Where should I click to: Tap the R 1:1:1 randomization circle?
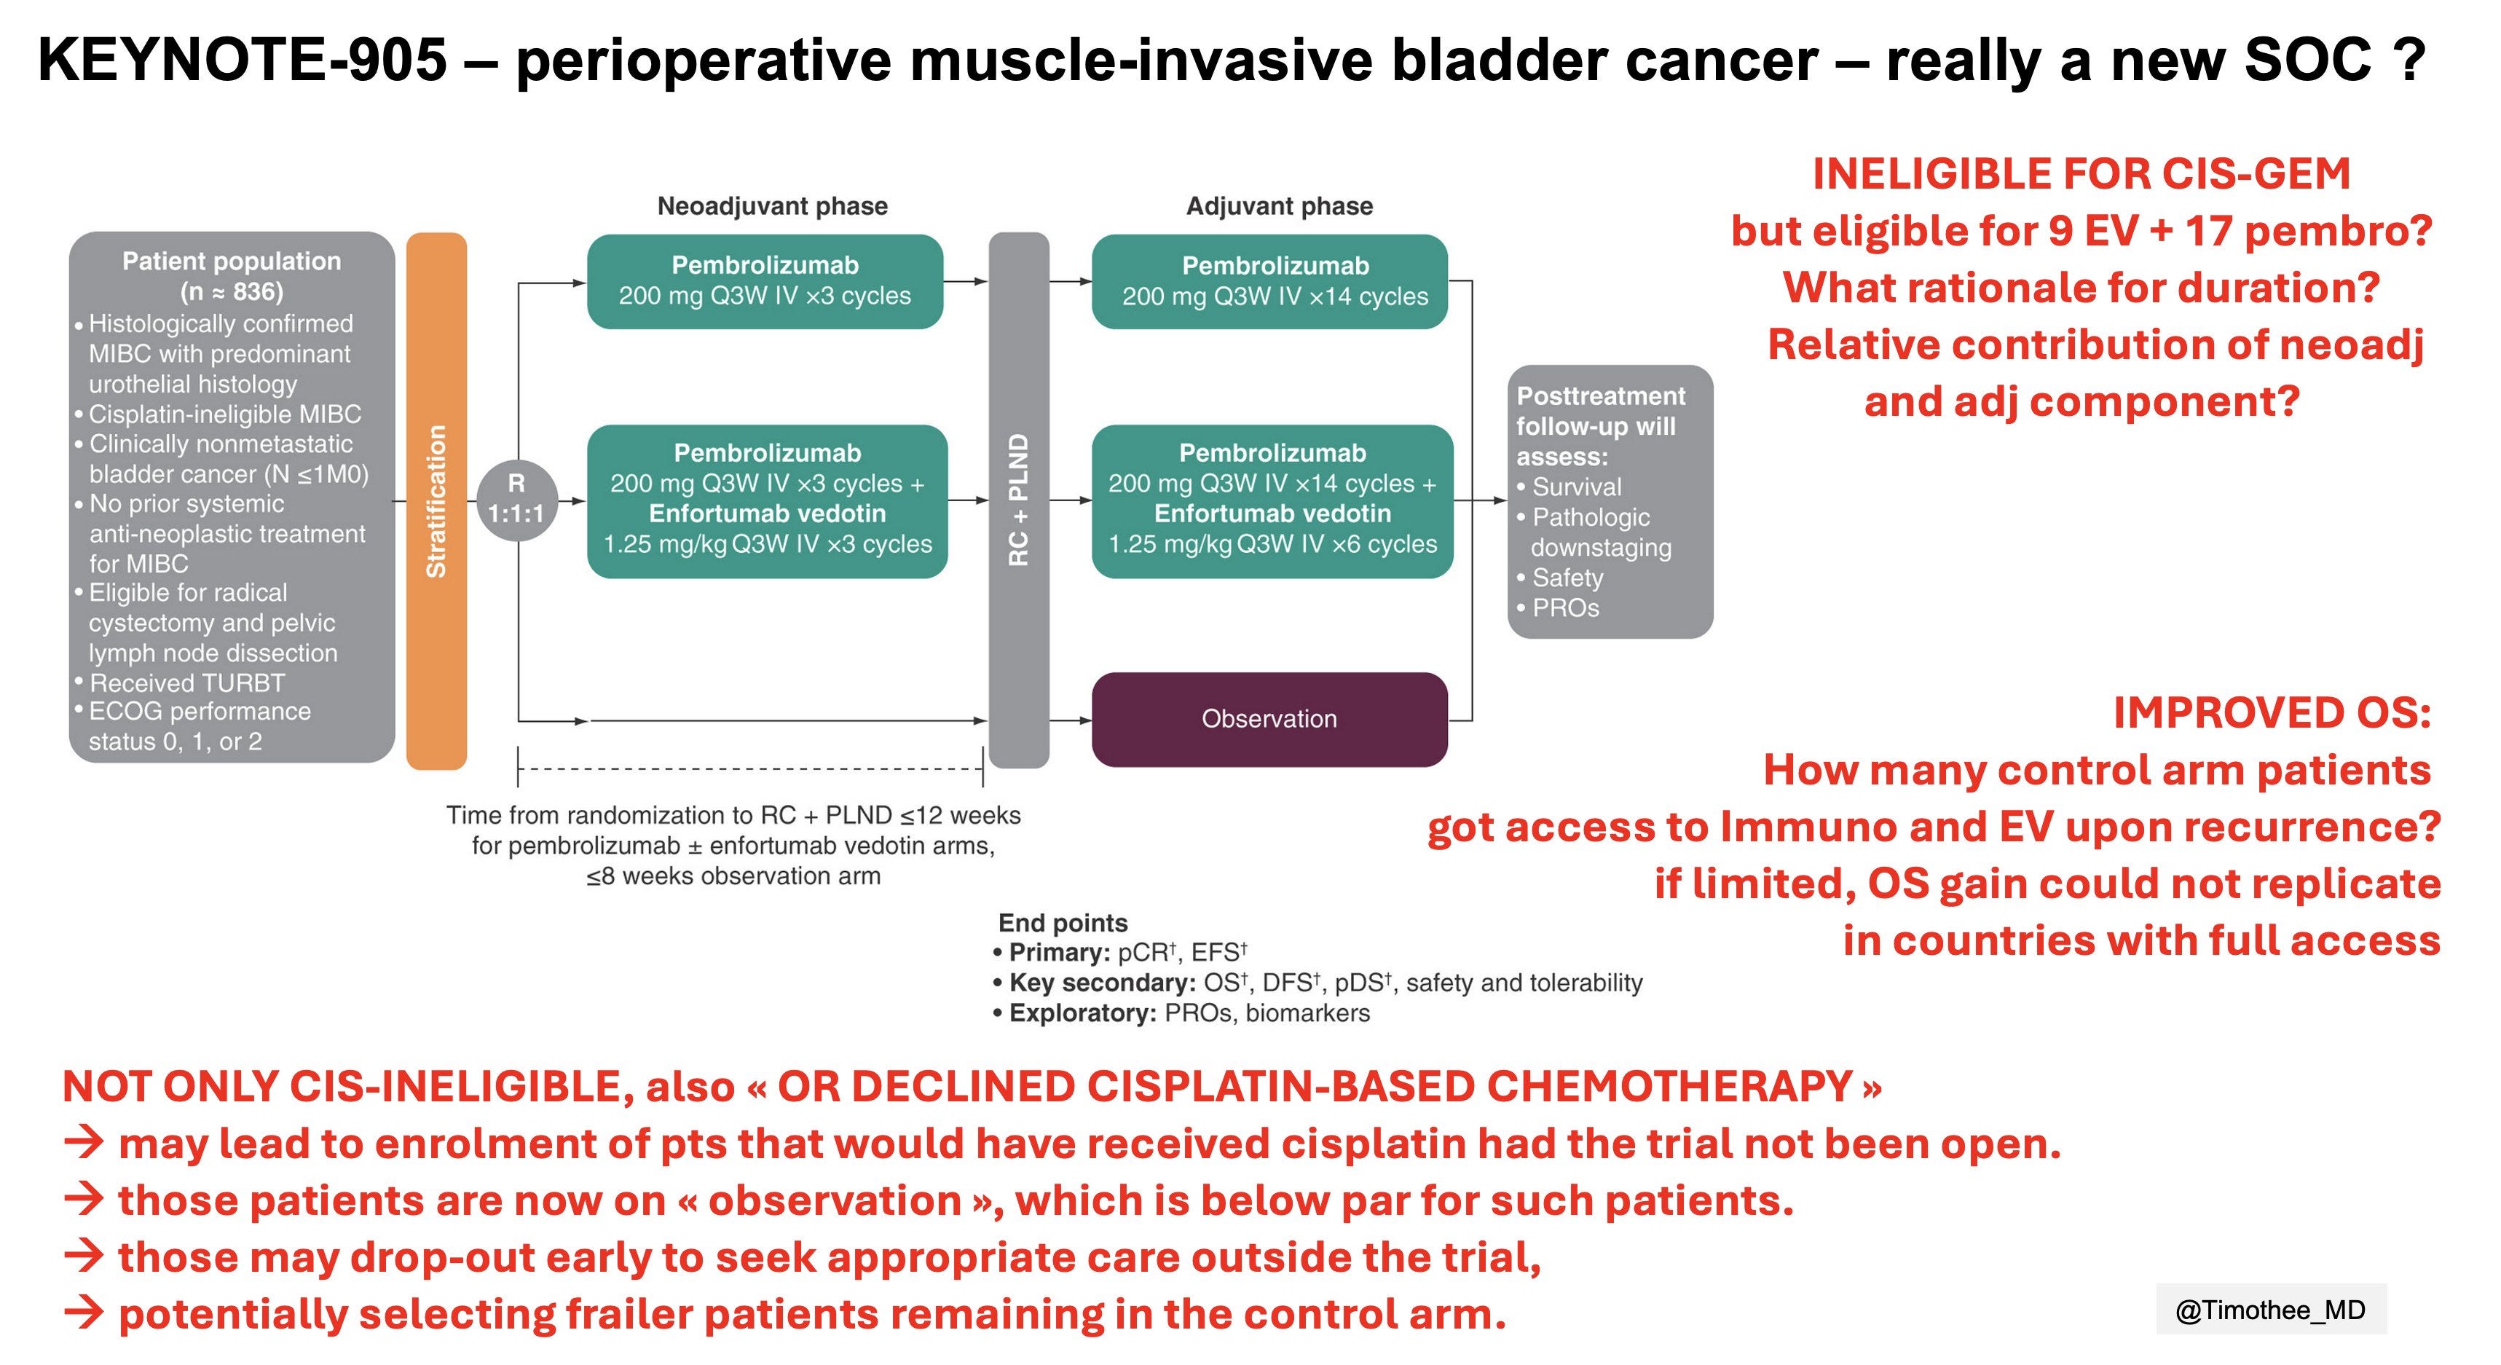click(x=516, y=499)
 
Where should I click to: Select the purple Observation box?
click(x=1269, y=720)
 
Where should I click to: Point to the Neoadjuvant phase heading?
click(x=772, y=206)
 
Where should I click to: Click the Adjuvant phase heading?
click(x=1279, y=206)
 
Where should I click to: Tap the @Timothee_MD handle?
click(x=2270, y=1310)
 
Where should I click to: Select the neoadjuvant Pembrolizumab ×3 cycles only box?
click(x=765, y=280)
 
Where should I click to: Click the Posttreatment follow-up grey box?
click(x=1609, y=501)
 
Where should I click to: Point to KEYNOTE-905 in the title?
click(x=242, y=60)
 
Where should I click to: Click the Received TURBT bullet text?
click(x=187, y=682)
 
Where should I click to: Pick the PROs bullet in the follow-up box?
click(x=1565, y=607)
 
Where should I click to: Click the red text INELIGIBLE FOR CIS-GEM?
click(x=2081, y=175)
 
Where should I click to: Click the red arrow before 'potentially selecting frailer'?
click(x=84, y=1313)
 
